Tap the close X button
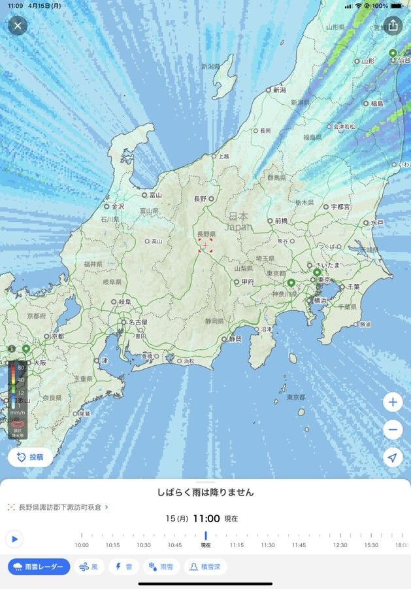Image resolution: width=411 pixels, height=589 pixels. coord(18,26)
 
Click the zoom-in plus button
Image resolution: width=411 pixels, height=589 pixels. coord(393,402)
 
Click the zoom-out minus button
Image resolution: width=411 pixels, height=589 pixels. coord(393,430)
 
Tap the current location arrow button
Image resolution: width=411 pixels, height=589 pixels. coord(393,457)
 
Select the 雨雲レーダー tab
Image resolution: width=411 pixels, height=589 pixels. coord(39,567)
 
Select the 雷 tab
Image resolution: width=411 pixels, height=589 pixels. coord(124,567)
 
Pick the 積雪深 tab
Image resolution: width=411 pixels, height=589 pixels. coord(205,567)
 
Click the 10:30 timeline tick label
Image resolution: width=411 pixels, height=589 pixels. coord(143,545)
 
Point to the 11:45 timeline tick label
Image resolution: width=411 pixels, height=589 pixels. coord(299,545)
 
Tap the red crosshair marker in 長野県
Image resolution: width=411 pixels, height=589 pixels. coord(206,245)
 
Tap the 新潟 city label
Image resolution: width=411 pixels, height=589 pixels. coord(280,90)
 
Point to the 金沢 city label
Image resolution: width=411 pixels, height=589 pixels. coord(118,205)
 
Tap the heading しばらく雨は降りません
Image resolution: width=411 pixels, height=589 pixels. coord(205,492)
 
